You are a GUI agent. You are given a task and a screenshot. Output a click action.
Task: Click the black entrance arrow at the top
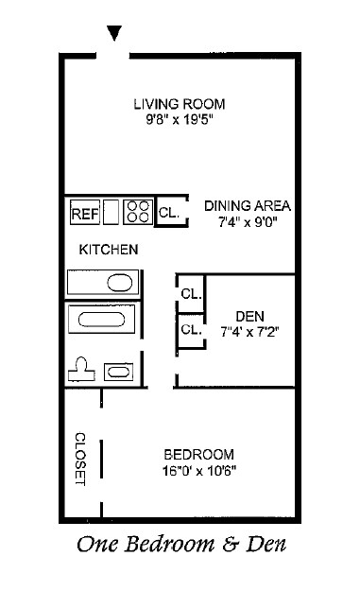114,33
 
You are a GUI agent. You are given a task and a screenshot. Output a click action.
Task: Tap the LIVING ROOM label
180,104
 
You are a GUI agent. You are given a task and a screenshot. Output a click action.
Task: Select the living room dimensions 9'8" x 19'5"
180,121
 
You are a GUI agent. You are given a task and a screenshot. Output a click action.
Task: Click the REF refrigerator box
85,214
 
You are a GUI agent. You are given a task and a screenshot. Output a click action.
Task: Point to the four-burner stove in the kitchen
138,212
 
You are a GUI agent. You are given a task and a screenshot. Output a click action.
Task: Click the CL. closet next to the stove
168,214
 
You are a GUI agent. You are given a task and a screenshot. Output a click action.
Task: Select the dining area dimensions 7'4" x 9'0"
248,223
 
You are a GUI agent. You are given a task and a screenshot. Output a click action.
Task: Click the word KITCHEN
109,251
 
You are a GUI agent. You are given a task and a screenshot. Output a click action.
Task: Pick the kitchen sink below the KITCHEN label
103,283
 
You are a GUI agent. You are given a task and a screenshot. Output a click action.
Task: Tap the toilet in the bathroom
82,368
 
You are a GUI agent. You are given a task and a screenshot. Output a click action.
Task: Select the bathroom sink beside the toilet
120,372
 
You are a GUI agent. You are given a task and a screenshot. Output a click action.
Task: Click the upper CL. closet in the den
191,294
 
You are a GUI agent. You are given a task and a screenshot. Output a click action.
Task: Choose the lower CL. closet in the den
191,330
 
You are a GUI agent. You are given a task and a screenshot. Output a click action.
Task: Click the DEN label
250,316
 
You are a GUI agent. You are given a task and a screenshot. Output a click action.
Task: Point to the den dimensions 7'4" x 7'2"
250,332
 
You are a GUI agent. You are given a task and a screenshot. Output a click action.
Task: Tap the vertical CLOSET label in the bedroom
80,460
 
